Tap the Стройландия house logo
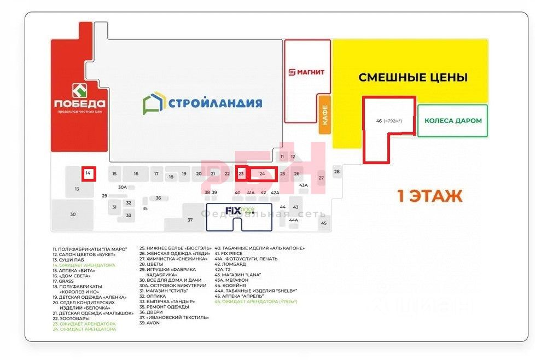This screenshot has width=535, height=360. [x=153, y=103]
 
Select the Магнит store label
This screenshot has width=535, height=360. [x=307, y=72]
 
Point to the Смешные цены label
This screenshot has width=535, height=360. [x=413, y=77]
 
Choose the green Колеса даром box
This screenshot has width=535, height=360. [x=453, y=120]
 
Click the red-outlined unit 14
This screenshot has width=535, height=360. [x=88, y=174]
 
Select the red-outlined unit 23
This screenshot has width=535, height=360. [x=241, y=173]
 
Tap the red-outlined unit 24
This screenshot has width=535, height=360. [x=263, y=174]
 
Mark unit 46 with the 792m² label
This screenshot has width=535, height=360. [x=389, y=121]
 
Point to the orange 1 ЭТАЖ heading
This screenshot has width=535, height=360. [x=429, y=195]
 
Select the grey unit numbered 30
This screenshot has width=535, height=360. [x=73, y=214]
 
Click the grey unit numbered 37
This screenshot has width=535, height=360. [x=190, y=219]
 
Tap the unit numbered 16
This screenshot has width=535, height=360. [x=136, y=174]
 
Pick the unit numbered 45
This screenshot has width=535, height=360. [x=324, y=223]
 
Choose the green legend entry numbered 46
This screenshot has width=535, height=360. [x=256, y=301]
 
